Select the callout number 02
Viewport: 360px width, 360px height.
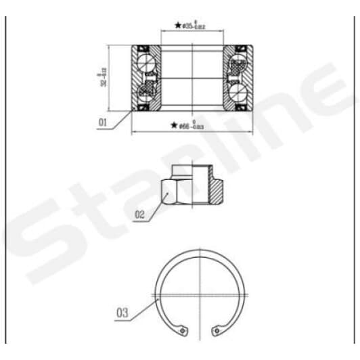[x=140, y=215]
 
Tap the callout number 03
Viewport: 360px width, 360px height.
[x=122, y=313]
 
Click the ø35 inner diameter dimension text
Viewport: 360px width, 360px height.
[x=194, y=26]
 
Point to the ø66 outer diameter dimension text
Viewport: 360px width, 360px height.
[x=193, y=125]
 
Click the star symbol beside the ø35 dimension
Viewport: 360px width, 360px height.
[x=179, y=26]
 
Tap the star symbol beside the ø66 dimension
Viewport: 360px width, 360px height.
[x=174, y=125]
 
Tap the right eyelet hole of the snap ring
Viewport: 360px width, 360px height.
[x=216, y=331]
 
